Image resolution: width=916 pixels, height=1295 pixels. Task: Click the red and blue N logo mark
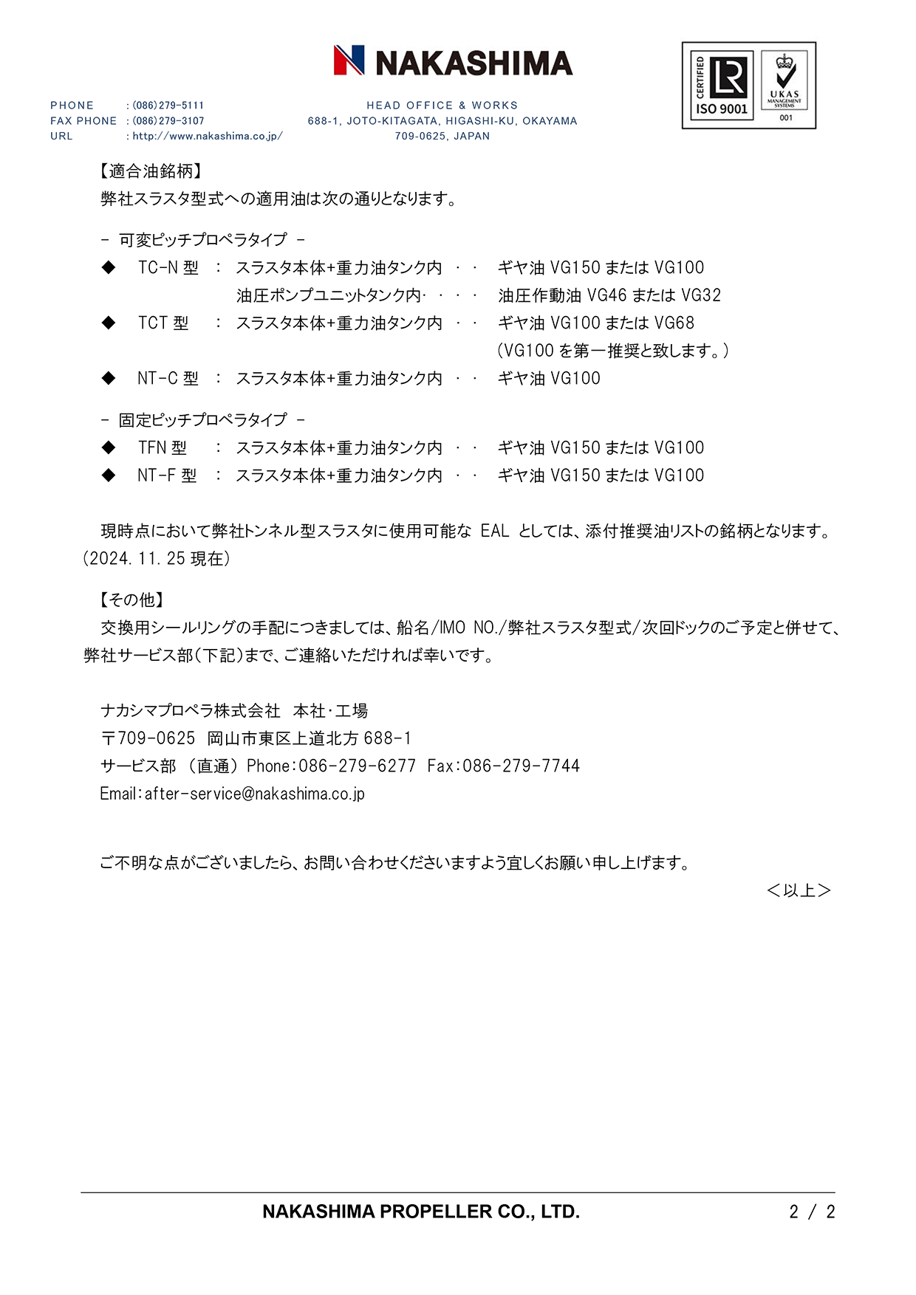point(349,61)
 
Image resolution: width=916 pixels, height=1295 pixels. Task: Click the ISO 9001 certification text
point(722,109)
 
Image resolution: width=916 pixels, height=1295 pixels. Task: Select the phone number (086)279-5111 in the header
point(168,106)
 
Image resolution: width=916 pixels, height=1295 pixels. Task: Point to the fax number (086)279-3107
point(168,121)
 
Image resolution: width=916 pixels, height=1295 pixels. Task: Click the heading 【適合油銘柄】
point(151,171)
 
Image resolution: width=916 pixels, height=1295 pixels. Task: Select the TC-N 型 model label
point(168,268)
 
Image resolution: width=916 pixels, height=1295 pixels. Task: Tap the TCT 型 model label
point(163,323)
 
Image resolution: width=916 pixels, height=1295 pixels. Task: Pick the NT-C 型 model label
point(168,379)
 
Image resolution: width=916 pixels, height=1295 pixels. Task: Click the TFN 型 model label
point(162,448)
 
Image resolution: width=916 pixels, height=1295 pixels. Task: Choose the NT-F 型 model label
point(167,475)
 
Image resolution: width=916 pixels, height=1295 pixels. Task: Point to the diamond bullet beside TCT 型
point(109,323)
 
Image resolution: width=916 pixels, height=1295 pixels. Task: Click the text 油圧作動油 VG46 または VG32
point(609,296)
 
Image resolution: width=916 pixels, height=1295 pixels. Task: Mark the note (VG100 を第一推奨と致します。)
point(612,351)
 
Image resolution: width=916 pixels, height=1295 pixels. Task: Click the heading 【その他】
point(131,600)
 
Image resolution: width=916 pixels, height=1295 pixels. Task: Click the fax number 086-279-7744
point(521,766)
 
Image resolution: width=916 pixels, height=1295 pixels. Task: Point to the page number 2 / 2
point(812,1212)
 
